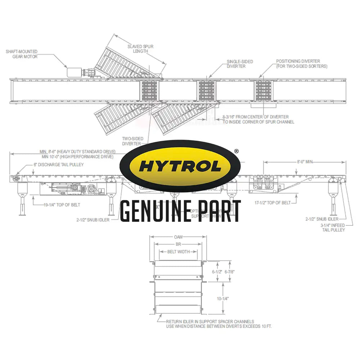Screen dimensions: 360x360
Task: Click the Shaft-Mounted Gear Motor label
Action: click(x=22, y=54)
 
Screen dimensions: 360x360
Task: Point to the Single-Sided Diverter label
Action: click(x=240, y=64)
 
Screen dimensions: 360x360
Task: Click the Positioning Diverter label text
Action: click(x=302, y=64)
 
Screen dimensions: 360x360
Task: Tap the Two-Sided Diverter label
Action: click(x=132, y=141)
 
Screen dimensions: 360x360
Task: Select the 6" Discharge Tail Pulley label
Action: click(x=59, y=165)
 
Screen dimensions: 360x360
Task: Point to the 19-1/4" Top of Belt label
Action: click(x=62, y=205)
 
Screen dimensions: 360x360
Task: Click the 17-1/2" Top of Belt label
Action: click(x=272, y=203)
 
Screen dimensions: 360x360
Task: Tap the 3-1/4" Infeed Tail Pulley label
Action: click(x=333, y=228)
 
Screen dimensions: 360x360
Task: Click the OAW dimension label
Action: click(x=178, y=237)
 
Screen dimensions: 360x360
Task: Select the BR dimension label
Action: click(x=178, y=244)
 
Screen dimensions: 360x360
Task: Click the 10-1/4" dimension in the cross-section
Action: click(x=223, y=298)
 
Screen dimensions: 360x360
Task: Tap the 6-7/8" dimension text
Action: click(x=230, y=272)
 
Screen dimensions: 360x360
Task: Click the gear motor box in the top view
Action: click(x=75, y=72)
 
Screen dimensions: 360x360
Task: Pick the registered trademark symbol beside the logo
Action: click(x=236, y=152)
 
